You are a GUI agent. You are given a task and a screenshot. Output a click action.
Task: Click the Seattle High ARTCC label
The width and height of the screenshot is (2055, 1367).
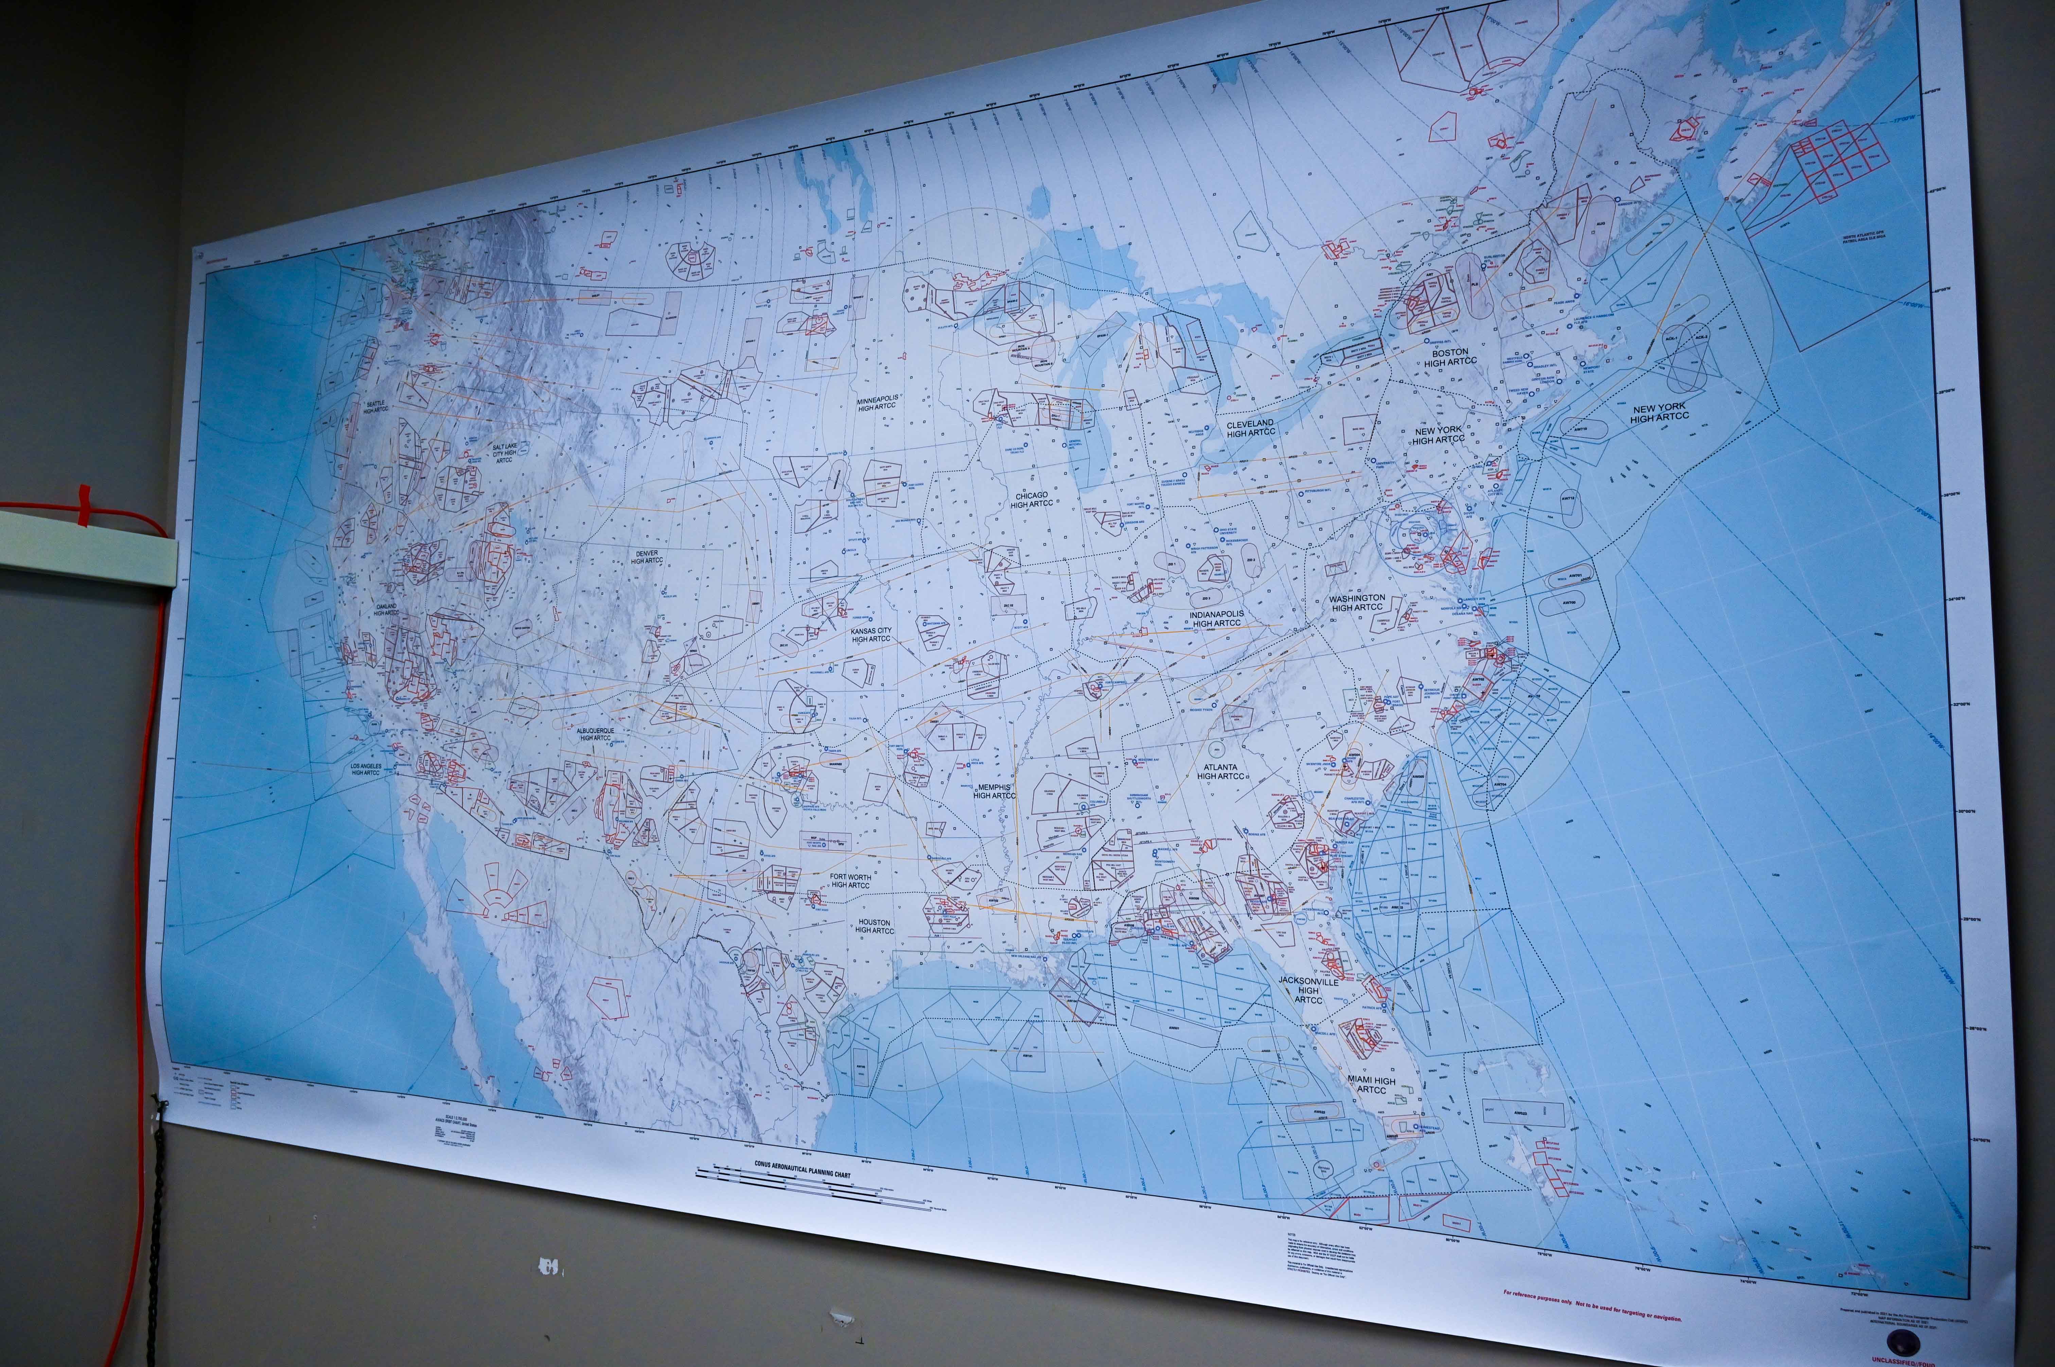pos(376,406)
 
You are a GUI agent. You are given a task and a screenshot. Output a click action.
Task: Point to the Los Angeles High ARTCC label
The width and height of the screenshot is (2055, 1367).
pos(366,769)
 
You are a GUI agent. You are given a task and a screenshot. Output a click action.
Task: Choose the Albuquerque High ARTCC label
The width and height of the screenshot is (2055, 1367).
pos(596,734)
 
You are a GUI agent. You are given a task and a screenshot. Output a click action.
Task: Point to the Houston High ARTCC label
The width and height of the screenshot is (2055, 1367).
pos(874,926)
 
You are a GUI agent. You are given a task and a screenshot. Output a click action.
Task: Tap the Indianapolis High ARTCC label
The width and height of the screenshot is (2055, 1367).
pos(1216,618)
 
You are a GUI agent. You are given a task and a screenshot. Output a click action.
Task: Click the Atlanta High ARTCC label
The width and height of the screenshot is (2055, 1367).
pos(1220,771)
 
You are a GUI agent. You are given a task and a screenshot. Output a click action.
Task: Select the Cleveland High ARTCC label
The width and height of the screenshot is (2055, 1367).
pos(1250,428)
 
